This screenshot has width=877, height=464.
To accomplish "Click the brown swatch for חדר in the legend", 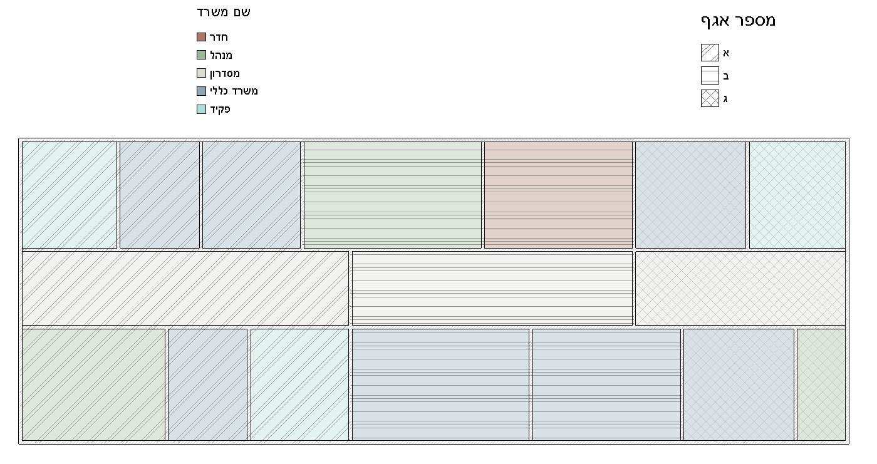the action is click(x=201, y=37).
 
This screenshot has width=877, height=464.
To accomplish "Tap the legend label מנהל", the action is click(x=221, y=55).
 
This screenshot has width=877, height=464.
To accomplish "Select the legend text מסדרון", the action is click(x=225, y=73).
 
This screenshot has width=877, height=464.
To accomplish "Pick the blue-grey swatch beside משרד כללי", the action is click(x=201, y=91).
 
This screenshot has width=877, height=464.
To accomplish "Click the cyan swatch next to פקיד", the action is click(x=201, y=109).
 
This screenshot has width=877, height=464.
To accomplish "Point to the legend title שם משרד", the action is click(x=224, y=12).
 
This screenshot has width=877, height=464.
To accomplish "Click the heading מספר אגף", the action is click(x=738, y=21).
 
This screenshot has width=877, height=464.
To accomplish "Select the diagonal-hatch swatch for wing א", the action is click(x=710, y=53).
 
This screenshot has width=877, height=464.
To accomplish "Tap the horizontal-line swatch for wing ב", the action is click(x=710, y=76).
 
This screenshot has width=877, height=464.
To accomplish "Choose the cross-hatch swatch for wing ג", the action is click(x=710, y=98).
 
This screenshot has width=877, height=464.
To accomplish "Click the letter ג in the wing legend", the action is click(x=725, y=99).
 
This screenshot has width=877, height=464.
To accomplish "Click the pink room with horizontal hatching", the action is click(x=558, y=195).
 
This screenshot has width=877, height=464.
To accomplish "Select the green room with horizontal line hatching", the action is click(x=393, y=195).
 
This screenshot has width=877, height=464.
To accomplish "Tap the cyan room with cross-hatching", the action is click(x=797, y=195).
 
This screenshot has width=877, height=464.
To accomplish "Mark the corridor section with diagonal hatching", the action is click(x=185, y=288).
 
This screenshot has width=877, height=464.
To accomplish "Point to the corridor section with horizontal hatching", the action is click(x=492, y=288).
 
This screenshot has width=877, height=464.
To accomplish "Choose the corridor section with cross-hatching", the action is click(x=740, y=288).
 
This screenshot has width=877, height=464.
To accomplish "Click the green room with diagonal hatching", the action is click(x=93, y=384).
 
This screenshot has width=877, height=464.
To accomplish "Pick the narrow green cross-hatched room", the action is click(x=821, y=384).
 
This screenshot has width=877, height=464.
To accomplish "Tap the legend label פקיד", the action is click(x=220, y=109).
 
